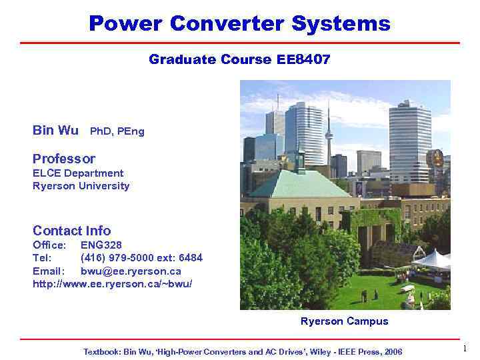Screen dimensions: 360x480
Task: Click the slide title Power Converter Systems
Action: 239,24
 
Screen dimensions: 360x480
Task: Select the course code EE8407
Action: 303,60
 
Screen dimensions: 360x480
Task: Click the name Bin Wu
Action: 55,131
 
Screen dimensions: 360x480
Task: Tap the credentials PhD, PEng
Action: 117,131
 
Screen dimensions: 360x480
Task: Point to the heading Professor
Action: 64,159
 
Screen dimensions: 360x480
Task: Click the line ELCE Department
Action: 78,173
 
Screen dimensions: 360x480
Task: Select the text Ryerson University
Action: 81,186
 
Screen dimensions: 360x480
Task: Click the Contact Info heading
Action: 71,231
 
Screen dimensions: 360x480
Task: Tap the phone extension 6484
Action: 191,258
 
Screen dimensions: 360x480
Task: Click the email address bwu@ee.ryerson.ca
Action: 131,271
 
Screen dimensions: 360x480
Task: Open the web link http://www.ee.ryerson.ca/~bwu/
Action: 113,284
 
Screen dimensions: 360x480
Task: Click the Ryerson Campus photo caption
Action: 344,321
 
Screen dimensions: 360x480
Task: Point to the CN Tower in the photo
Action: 328,133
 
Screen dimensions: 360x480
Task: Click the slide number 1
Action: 465,349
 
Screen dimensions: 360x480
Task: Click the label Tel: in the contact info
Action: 42,258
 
